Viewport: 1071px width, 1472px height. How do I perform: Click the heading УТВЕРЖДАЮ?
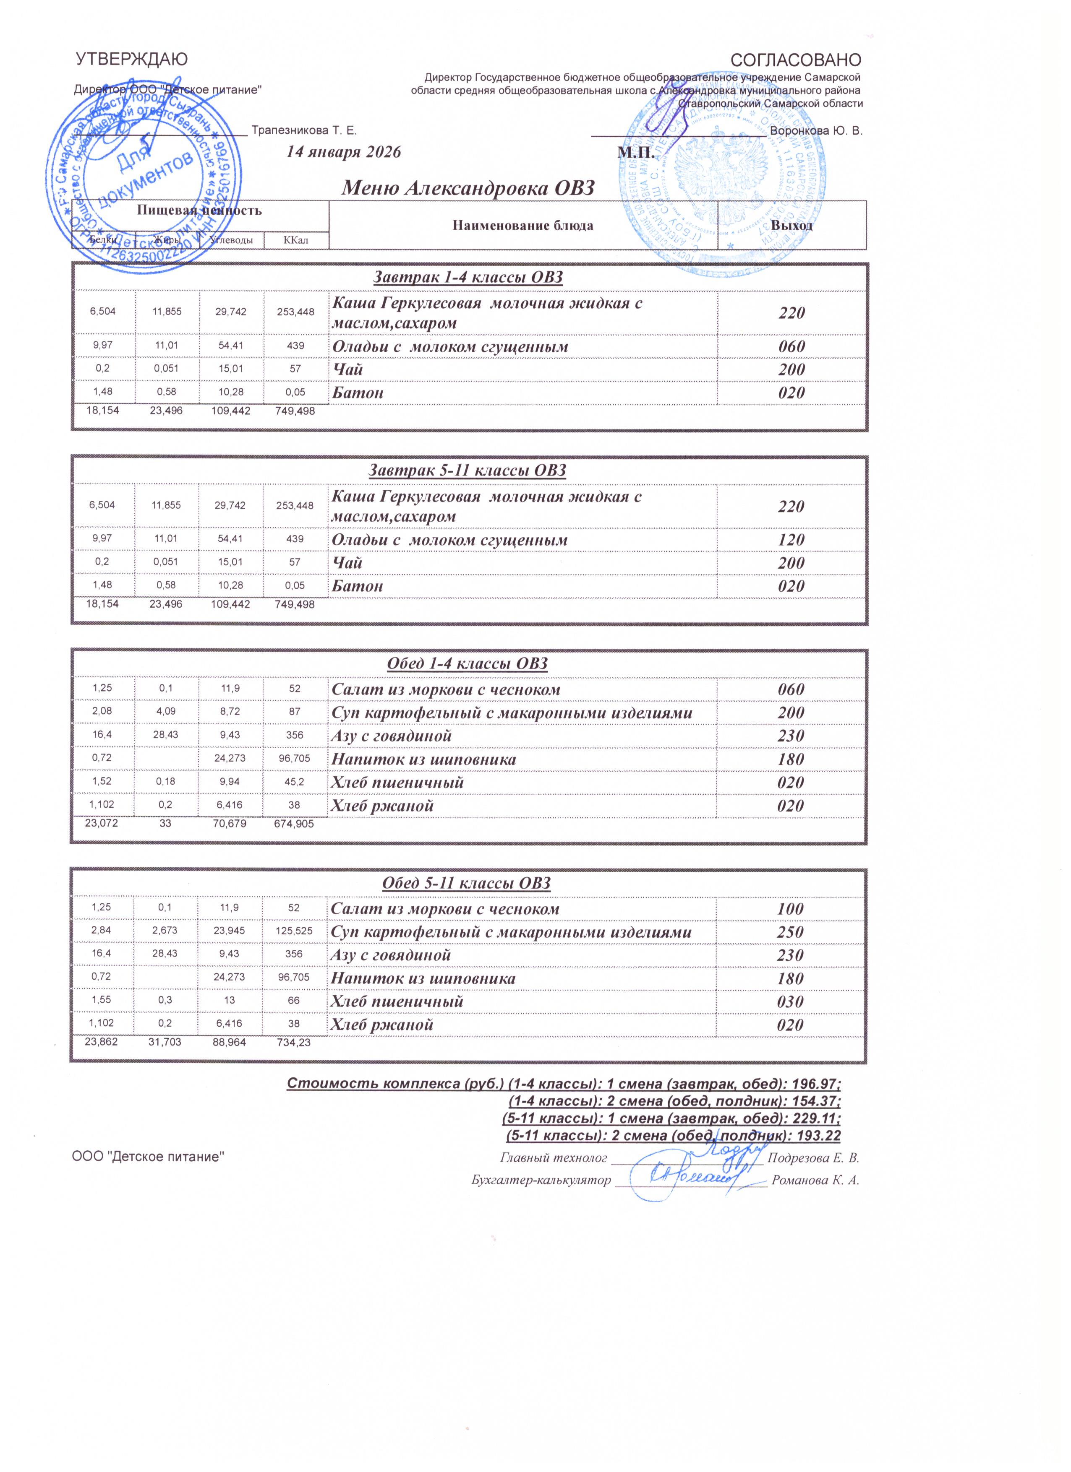pos(131,59)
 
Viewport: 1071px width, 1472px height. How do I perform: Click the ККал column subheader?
pos(295,241)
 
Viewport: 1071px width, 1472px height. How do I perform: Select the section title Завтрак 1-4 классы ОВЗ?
pos(468,277)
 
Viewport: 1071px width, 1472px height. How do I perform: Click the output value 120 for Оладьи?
pos(791,540)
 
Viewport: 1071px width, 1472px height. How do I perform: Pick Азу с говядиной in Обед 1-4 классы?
pos(392,736)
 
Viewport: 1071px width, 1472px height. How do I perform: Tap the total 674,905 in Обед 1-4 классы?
pos(295,824)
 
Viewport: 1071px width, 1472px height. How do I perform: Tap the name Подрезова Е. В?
pos(813,1158)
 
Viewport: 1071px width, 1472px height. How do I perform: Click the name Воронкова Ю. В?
pos(816,131)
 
